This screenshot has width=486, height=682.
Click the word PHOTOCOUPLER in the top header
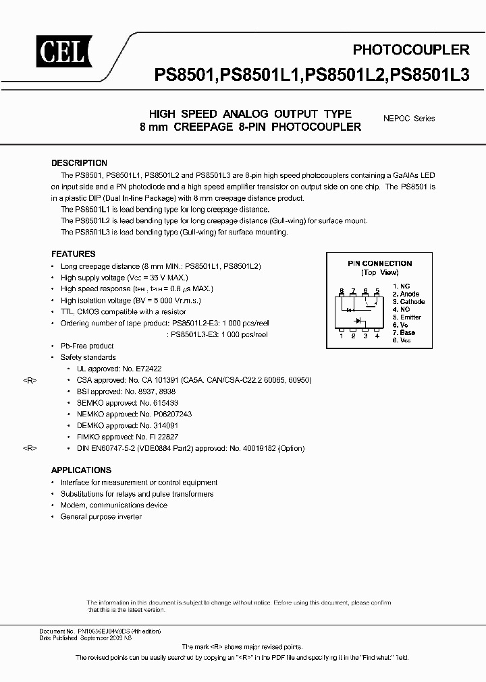coord(411,50)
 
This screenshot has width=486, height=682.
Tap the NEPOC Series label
coord(408,118)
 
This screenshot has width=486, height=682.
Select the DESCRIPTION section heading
coord(79,163)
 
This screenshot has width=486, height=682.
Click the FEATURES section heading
coord(73,254)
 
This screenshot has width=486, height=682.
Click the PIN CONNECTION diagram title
coord(379,263)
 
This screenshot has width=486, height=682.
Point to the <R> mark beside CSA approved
coord(30,380)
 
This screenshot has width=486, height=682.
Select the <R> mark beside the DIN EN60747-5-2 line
coord(30,447)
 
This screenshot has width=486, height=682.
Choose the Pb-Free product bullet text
coord(88,346)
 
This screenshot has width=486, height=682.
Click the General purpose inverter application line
coord(101,516)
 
